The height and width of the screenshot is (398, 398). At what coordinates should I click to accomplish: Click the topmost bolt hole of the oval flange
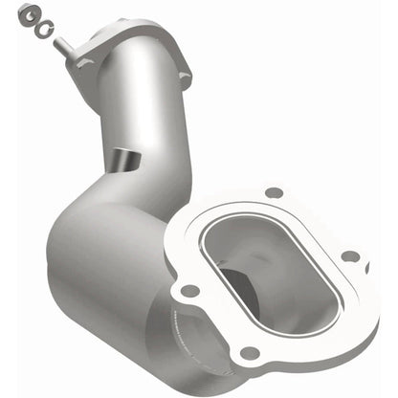[x=274, y=191]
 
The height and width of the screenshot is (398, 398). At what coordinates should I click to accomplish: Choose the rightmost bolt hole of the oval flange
[x=352, y=255]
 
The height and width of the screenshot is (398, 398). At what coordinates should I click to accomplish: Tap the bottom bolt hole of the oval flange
[x=250, y=353]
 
